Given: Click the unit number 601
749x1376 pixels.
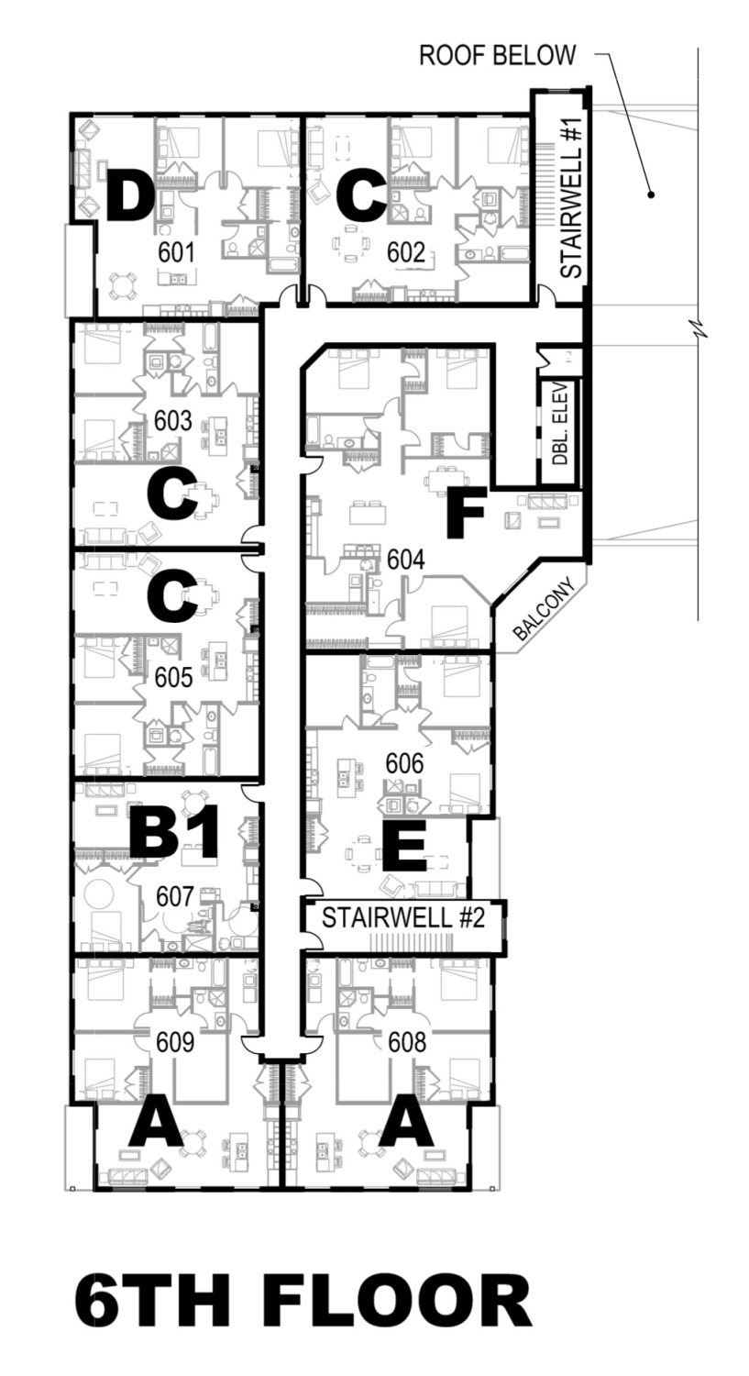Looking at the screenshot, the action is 176,252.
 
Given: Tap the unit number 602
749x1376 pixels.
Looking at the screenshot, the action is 406,252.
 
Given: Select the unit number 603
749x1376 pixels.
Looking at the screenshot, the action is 173,421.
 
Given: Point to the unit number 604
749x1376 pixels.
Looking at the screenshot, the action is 406,560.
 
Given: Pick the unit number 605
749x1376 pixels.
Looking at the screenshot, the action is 174,678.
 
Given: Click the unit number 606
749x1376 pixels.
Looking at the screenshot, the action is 404,763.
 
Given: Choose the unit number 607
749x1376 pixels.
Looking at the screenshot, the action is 175,897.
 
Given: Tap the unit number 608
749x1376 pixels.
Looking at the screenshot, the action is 407,1042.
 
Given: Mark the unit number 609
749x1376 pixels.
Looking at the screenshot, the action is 175,1042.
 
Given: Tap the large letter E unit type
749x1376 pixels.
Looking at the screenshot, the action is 404,845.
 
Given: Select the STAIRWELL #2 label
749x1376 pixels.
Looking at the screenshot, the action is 403,917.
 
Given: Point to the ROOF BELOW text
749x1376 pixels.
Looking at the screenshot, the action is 498,55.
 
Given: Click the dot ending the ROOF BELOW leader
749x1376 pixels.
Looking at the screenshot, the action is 652,194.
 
